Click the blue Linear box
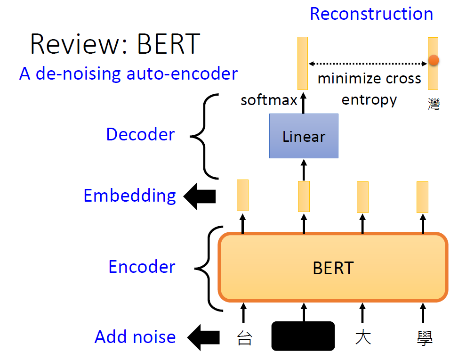304,136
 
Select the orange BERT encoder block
332,267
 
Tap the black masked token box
303,336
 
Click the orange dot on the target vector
434,60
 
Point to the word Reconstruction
371,14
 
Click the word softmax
269,100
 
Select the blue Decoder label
140,134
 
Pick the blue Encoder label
142,267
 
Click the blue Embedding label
129,196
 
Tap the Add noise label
135,337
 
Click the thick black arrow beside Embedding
199,196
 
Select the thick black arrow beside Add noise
203,337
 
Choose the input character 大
362,338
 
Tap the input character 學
425,338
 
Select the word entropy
369,100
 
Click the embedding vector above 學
422,196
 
